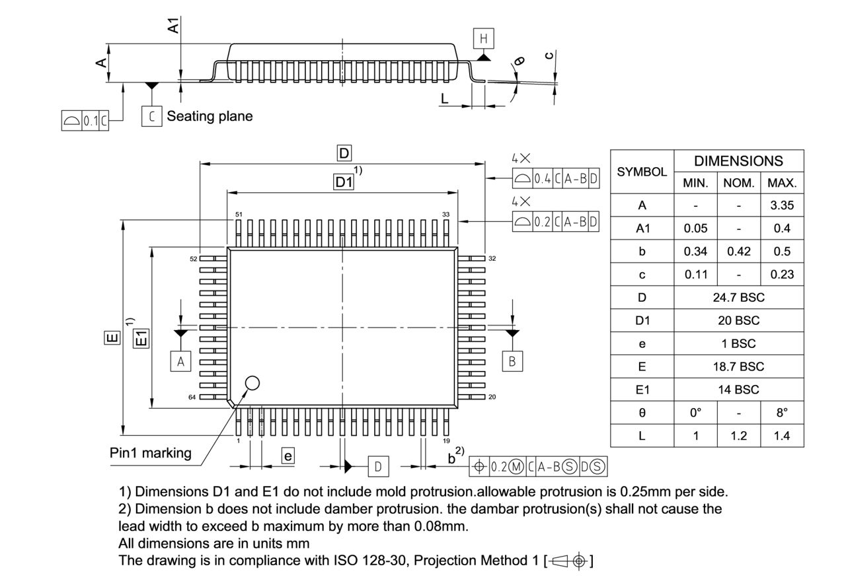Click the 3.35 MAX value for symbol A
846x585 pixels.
tap(782, 205)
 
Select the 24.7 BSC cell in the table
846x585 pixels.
tap(738, 297)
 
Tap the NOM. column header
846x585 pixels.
tap(738, 183)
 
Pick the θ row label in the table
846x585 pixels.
tap(642, 413)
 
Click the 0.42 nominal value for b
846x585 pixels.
tap(738, 252)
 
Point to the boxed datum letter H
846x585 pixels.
tap(484, 39)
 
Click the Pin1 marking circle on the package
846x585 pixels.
tap(252, 382)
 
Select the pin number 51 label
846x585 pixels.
tap(239, 215)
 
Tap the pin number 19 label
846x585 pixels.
tap(447, 440)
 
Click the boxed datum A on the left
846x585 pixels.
tap(180, 361)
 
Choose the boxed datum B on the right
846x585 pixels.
tap(512, 361)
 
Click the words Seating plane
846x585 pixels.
tap(210, 116)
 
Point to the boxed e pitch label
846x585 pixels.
tap(288, 456)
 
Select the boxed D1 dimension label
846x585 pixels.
tap(343, 183)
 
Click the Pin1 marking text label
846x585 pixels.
tap(151, 453)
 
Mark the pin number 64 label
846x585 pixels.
tap(192, 397)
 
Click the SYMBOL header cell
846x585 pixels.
tap(642, 172)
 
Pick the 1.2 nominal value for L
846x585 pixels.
tap(738, 436)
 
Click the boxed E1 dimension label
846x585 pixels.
tap(141, 338)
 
